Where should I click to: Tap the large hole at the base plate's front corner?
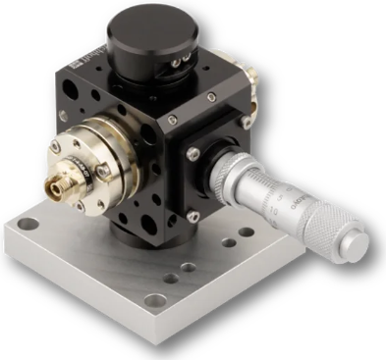point(153,300)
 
